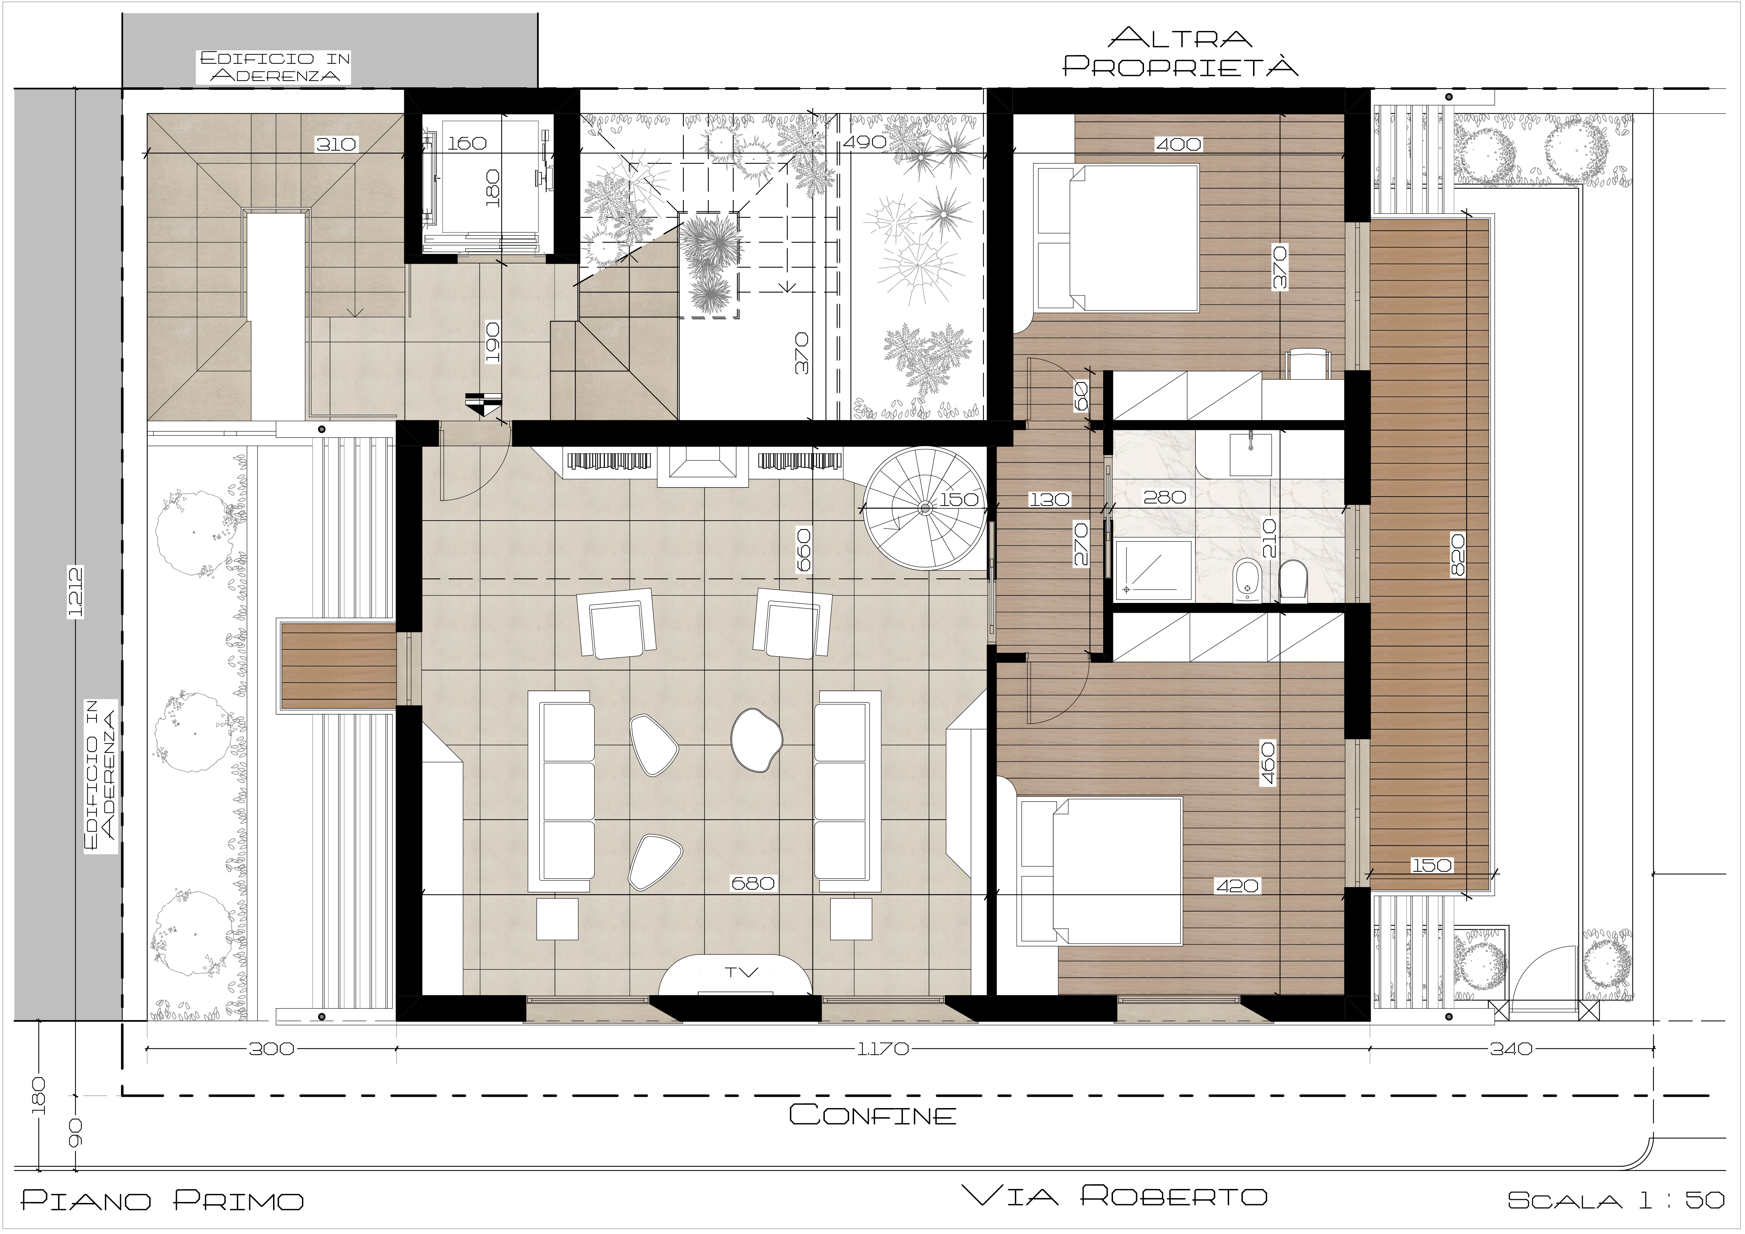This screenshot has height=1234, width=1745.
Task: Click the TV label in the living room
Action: pos(741,972)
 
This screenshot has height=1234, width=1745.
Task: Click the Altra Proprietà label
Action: pos(1180,52)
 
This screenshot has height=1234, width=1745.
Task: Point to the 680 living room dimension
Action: pos(752,883)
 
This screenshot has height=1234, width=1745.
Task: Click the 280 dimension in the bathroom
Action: pos(1164,497)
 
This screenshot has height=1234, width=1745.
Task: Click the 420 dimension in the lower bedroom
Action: pos(1237,885)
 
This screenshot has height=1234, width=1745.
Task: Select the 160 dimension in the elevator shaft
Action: pos(467,143)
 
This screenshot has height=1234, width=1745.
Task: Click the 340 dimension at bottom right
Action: pos(1511,1049)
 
